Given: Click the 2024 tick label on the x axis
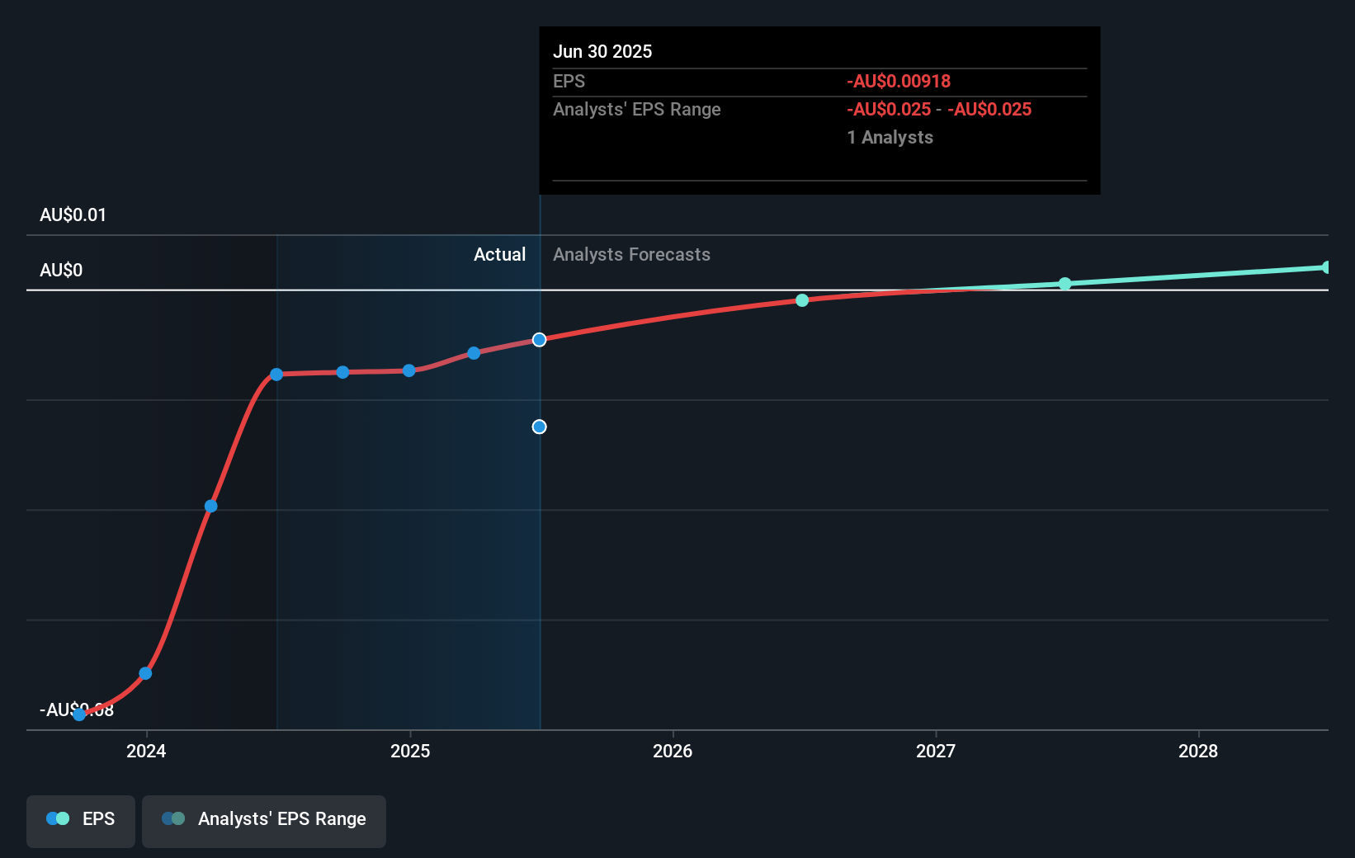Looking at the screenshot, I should (146, 751).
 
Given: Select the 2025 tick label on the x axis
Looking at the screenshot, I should (410, 751).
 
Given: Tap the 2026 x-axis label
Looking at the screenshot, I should (673, 751).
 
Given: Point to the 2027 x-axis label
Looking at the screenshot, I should (936, 751).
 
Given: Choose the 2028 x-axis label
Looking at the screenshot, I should (1198, 751).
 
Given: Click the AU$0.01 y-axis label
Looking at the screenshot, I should (73, 215).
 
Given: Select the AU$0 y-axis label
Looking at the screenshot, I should (61, 271).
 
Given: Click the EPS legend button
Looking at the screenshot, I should (81, 819).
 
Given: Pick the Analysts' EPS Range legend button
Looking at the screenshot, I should (264, 819).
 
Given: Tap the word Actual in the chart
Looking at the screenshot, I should (499, 255).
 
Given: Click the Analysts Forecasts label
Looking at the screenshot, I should (631, 255).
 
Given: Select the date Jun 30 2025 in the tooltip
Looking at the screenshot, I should (602, 52).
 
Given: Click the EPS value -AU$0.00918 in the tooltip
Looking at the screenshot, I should (899, 82).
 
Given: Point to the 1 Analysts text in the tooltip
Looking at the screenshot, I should (890, 138).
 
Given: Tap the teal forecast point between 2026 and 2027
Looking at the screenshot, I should (802, 300).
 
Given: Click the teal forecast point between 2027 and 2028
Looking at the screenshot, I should (1065, 284).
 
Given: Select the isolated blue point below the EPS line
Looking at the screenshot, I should (539, 427).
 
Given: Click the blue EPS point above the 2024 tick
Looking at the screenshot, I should (145, 673).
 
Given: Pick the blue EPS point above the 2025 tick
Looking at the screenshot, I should (408, 370).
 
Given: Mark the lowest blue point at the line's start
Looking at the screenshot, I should (79, 714).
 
